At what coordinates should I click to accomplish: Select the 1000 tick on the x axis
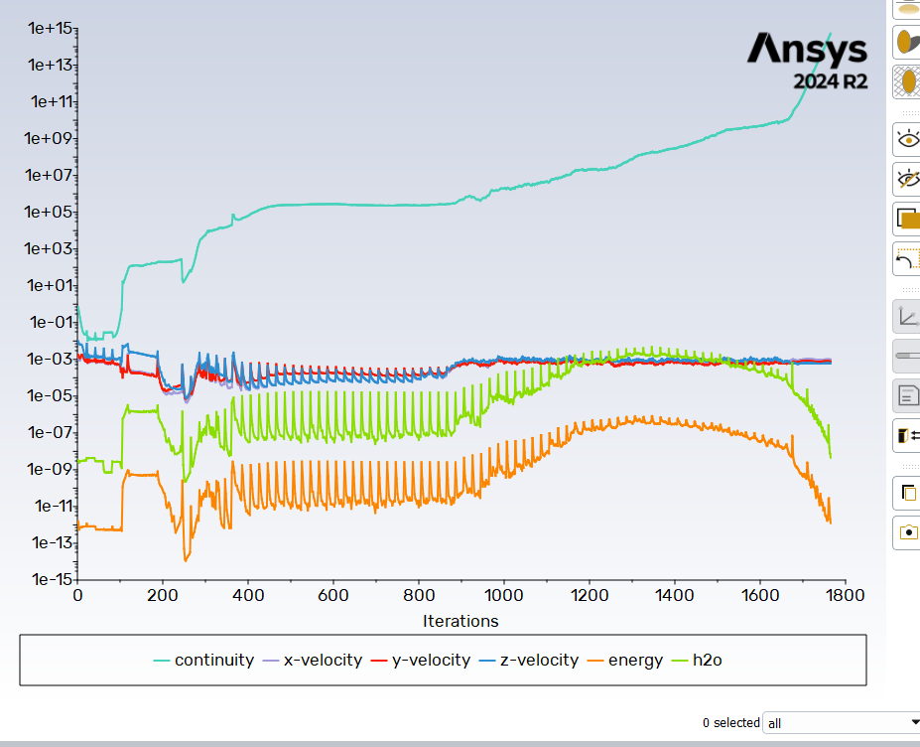(x=503, y=596)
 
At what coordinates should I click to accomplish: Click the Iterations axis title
(x=460, y=621)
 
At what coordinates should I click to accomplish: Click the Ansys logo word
(x=807, y=49)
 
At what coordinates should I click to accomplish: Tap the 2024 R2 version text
(x=830, y=81)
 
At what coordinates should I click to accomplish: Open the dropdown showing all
(x=841, y=723)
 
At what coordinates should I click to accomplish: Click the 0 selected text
(x=730, y=723)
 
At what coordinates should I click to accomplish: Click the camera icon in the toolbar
(x=907, y=532)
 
